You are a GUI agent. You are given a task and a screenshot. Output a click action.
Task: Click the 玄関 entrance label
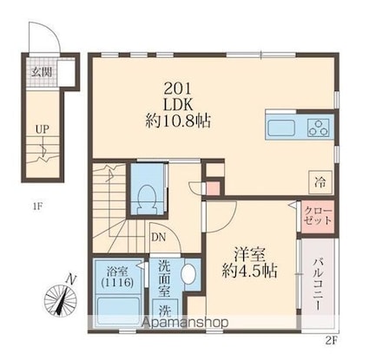click(x=41, y=72)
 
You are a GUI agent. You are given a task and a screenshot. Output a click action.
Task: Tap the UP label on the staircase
click(x=41, y=129)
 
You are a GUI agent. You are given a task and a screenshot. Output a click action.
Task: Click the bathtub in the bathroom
click(x=112, y=310)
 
